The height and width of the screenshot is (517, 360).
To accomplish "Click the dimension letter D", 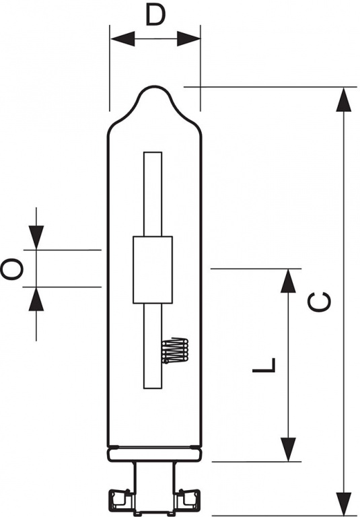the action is pos(155,15).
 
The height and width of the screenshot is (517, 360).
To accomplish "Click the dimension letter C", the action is pos(319,302).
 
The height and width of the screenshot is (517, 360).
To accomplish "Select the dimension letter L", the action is pos(264,365).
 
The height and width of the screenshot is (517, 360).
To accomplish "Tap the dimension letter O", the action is pos(11,269).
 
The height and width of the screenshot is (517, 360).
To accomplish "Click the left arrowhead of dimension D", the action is pos(122,39).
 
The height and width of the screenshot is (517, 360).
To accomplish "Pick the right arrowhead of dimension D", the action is pos(188,39).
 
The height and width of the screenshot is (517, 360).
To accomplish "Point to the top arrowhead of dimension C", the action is pos(344,100).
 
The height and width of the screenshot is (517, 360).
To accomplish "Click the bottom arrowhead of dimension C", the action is pos(344,504).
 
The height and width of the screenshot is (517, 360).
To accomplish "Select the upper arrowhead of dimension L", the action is pos(289,281).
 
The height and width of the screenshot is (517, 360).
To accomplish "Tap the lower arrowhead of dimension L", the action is pos(289,450).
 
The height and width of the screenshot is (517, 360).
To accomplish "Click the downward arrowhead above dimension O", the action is pos(36,238).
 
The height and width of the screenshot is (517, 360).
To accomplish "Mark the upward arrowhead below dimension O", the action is pos(36,299).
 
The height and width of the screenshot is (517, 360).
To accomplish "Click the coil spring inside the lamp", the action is pos(175,351).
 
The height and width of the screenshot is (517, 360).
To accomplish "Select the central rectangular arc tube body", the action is pos(153,270).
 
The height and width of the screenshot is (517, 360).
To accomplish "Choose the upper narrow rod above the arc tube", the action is pos(153,194).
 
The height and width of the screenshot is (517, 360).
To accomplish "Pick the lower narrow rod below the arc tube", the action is pos(153,346).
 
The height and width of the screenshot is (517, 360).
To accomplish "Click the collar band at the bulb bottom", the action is pos(154,454).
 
